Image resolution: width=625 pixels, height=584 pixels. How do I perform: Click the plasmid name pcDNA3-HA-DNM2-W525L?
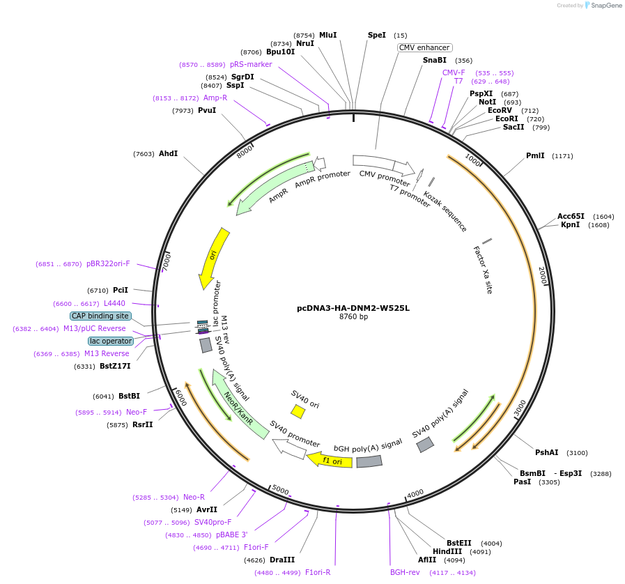[353, 307]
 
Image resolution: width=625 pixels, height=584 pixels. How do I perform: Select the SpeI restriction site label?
[376, 35]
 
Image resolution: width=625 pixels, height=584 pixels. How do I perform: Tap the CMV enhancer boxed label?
[425, 47]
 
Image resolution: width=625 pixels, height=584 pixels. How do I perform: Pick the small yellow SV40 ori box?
[298, 411]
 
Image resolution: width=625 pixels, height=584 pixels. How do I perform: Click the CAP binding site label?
[100, 316]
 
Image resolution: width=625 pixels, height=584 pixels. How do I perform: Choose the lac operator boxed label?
[109, 341]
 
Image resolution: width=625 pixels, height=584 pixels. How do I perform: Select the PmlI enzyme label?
[535, 155]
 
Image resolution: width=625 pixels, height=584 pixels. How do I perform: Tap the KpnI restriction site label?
[570, 224]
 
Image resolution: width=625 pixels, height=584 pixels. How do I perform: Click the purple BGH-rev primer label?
[405, 572]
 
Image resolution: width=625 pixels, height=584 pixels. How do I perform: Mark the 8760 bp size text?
[353, 317]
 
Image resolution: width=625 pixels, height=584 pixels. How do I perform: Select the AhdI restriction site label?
[168, 153]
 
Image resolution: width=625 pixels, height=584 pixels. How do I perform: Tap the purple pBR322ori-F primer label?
[108, 263]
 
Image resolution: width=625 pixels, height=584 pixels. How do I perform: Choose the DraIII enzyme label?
[282, 560]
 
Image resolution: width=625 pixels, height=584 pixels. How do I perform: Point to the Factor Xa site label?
[482, 269]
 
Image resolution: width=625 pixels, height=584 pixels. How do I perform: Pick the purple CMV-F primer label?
[454, 72]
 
